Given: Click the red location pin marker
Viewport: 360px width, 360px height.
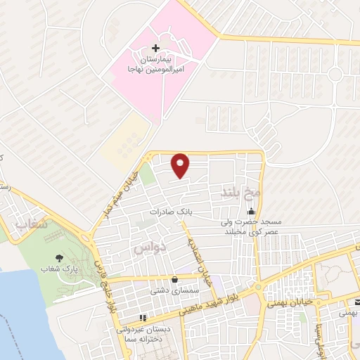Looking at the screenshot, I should pyautogui.click(x=181, y=165).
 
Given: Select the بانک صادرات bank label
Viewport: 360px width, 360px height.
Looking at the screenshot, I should pyautogui.click(x=169, y=211).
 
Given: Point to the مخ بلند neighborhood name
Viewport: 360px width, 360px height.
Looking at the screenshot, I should pyautogui.click(x=241, y=192).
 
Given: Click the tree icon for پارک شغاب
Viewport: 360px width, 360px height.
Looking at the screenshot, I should pyautogui.click(x=58, y=258).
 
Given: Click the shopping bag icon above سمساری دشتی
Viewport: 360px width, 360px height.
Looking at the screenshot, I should pyautogui.click(x=174, y=279).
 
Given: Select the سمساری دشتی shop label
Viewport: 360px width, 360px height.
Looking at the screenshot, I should pyautogui.click(x=169, y=290).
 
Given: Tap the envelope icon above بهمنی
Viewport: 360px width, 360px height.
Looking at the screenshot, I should pyautogui.click(x=356, y=301).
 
